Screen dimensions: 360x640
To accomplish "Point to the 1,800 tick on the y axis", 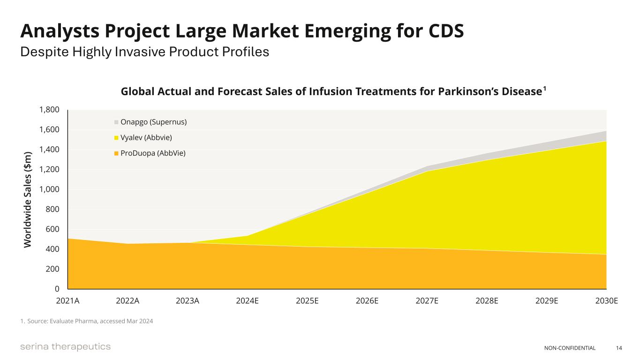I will coord(49,110).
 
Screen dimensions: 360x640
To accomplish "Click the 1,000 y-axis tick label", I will coord(49,189).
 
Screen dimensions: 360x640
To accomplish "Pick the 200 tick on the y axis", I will coord(53,269).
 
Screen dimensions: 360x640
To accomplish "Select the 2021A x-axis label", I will coord(68,301).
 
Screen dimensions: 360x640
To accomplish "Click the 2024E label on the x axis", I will coord(247,301).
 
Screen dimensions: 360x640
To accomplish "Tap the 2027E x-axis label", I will coord(427,301).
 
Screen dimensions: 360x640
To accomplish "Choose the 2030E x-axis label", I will coord(606,301).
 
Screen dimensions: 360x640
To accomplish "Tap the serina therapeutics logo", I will coord(65,347).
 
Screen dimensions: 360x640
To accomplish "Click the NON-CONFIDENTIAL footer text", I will coord(570,348).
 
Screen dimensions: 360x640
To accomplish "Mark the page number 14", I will coord(619,348).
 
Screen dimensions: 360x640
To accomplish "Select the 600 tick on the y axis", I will coord(53,229).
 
